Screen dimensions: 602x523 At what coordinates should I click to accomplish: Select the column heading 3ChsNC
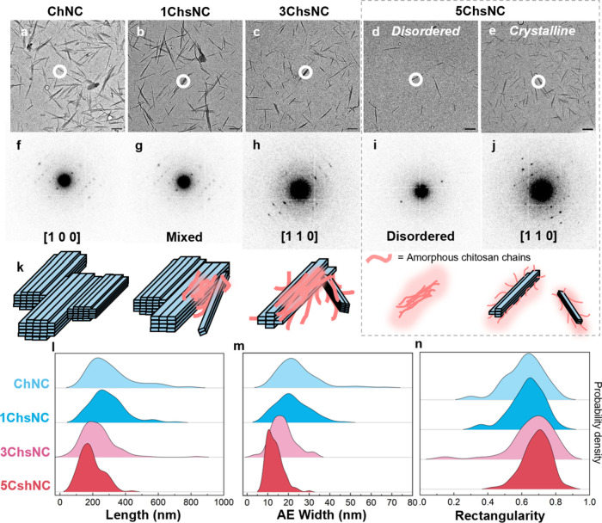pos(304,11)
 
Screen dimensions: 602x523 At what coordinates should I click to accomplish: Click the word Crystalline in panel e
pos(542,31)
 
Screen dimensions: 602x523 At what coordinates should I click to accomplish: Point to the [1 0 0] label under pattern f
pos(62,237)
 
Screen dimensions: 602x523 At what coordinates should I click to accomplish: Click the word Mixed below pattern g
pos(184,237)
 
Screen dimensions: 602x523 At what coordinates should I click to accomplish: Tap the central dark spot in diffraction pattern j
pos(542,190)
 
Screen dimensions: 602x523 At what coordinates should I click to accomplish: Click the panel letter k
pos(20,267)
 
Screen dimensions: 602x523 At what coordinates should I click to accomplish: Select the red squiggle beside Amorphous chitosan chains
pos(378,258)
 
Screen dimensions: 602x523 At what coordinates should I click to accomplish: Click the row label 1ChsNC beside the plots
pos(25,417)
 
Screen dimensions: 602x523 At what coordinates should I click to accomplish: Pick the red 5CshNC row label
pos(25,485)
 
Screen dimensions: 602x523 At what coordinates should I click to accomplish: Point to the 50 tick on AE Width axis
pos(350,501)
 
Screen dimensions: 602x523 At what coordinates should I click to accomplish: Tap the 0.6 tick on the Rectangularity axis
pos(522,501)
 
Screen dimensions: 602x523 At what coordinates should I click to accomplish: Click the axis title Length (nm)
pos(143,514)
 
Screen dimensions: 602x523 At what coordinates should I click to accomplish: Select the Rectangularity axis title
pos(500,515)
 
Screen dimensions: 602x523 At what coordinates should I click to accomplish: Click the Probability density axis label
pos(597,422)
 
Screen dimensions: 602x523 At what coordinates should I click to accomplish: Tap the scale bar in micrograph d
pos(470,129)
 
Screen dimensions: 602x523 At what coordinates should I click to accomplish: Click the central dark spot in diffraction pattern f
pos(64,180)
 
